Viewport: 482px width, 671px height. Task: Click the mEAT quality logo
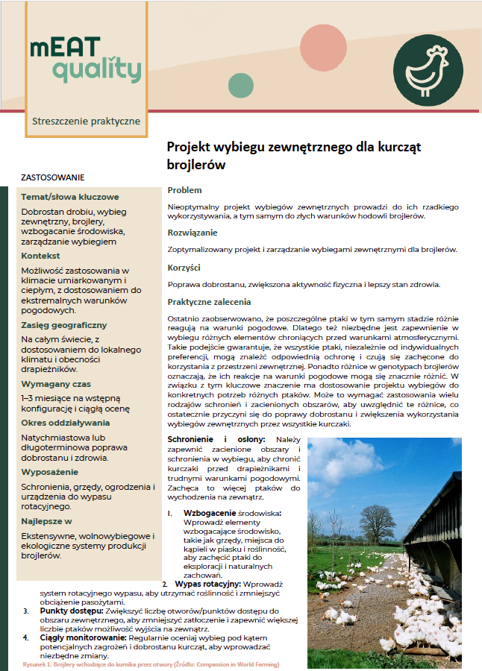(84, 60)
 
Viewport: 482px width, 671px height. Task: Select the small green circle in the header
(240, 85)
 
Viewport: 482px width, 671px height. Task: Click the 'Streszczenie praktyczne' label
(86, 121)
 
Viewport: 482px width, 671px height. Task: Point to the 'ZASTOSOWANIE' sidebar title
(53, 177)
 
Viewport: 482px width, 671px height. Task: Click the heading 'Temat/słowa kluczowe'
(70, 198)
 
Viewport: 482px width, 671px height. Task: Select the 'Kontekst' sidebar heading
(41, 256)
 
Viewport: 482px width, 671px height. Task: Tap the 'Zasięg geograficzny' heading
(64, 325)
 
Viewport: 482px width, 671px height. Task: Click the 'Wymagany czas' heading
(54, 383)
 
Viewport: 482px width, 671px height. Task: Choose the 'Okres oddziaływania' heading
(65, 422)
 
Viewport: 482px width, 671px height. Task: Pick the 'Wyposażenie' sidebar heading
(49, 472)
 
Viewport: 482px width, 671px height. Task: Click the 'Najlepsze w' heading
(46, 521)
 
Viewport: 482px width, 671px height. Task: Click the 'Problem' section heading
(184, 190)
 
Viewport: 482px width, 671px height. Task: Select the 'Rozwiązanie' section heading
(193, 233)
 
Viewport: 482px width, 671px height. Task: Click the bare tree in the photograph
(373, 520)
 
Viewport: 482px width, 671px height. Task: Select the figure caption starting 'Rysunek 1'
(151, 664)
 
